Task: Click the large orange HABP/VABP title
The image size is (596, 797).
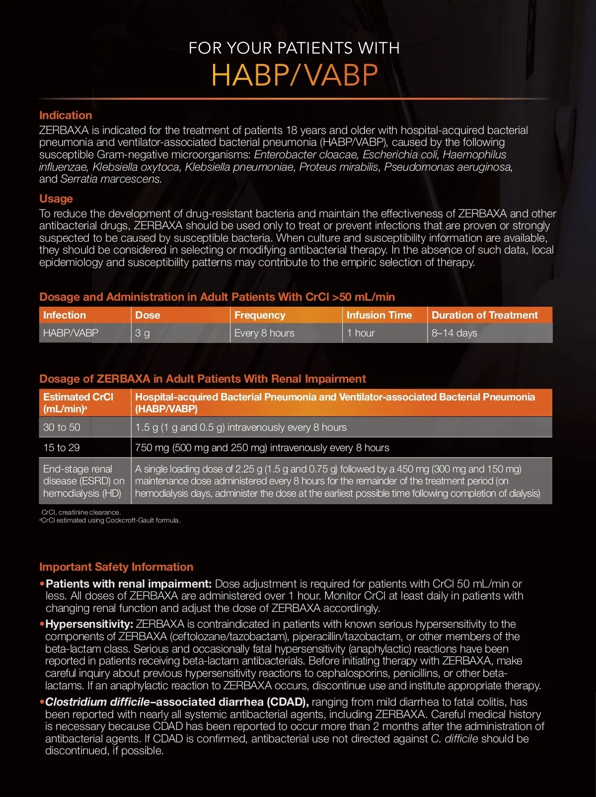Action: pyautogui.click(x=295, y=75)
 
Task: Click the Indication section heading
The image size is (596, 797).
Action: pyautogui.click(x=66, y=115)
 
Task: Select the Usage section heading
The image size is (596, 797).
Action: pyautogui.click(x=56, y=199)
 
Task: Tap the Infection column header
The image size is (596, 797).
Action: pyautogui.click(x=65, y=315)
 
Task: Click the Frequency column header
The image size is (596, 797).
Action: pyautogui.click(x=260, y=315)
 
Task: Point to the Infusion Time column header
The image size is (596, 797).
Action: pyautogui.click(x=379, y=315)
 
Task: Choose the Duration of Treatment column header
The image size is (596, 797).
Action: pyautogui.click(x=484, y=315)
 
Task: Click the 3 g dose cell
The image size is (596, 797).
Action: pyautogui.click(x=143, y=333)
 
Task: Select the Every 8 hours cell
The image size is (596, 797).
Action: pyautogui.click(x=264, y=333)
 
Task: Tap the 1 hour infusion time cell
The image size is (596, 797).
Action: pyautogui.click(x=361, y=333)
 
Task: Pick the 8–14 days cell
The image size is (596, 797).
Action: pyautogui.click(x=454, y=333)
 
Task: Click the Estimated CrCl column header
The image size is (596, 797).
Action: pyautogui.click(x=78, y=402)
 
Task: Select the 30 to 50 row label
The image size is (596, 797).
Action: pyautogui.click(x=62, y=427)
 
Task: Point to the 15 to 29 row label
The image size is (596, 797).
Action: pyautogui.click(x=62, y=448)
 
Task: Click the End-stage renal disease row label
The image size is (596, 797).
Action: pyautogui.click(x=83, y=481)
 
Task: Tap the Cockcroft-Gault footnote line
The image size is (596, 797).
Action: pyautogui.click(x=110, y=521)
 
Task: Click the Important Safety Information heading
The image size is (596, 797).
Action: pyautogui.click(x=116, y=567)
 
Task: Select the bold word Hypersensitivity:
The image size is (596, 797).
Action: pyautogui.click(x=89, y=624)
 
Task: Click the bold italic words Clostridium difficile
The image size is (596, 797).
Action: pyautogui.click(x=97, y=702)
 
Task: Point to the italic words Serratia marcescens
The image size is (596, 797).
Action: pyautogui.click(x=111, y=179)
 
